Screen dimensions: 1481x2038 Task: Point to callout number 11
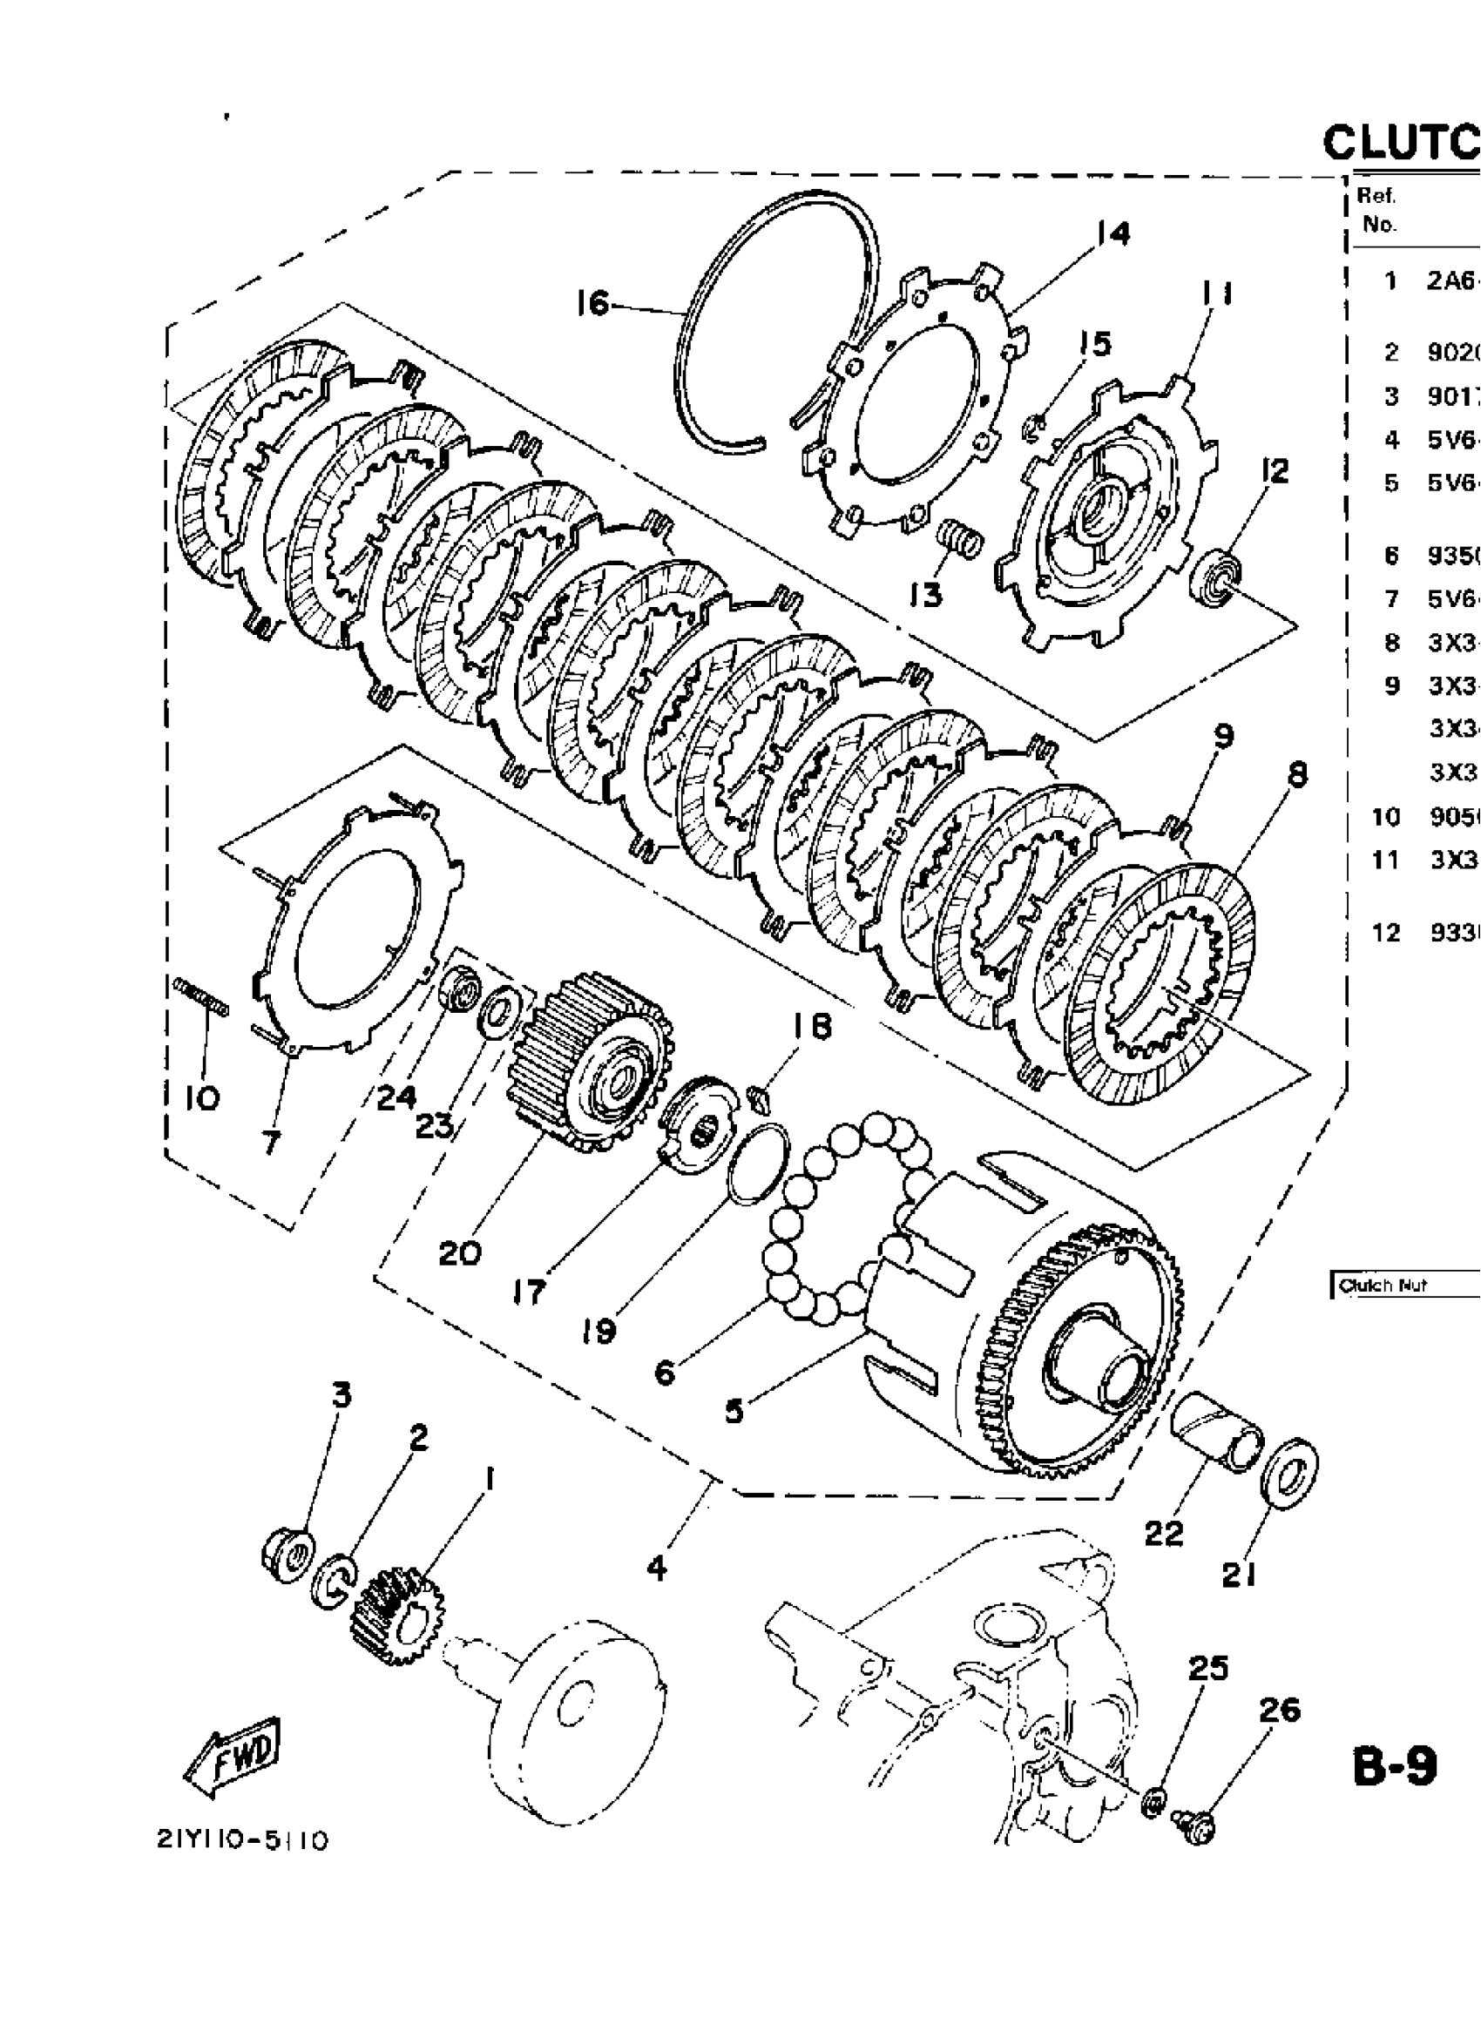[1214, 294]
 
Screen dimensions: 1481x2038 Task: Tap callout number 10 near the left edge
[203, 1097]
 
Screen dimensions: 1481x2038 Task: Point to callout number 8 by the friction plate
[1297, 775]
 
